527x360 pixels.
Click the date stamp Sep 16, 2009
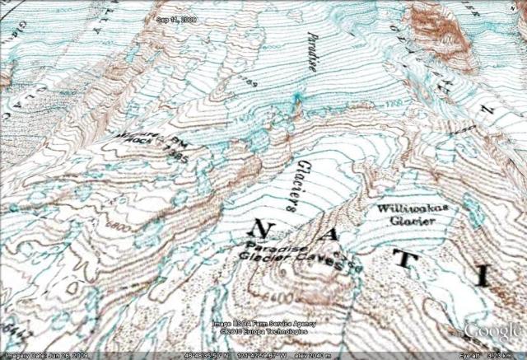177,18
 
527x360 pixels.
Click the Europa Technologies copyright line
263,332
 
